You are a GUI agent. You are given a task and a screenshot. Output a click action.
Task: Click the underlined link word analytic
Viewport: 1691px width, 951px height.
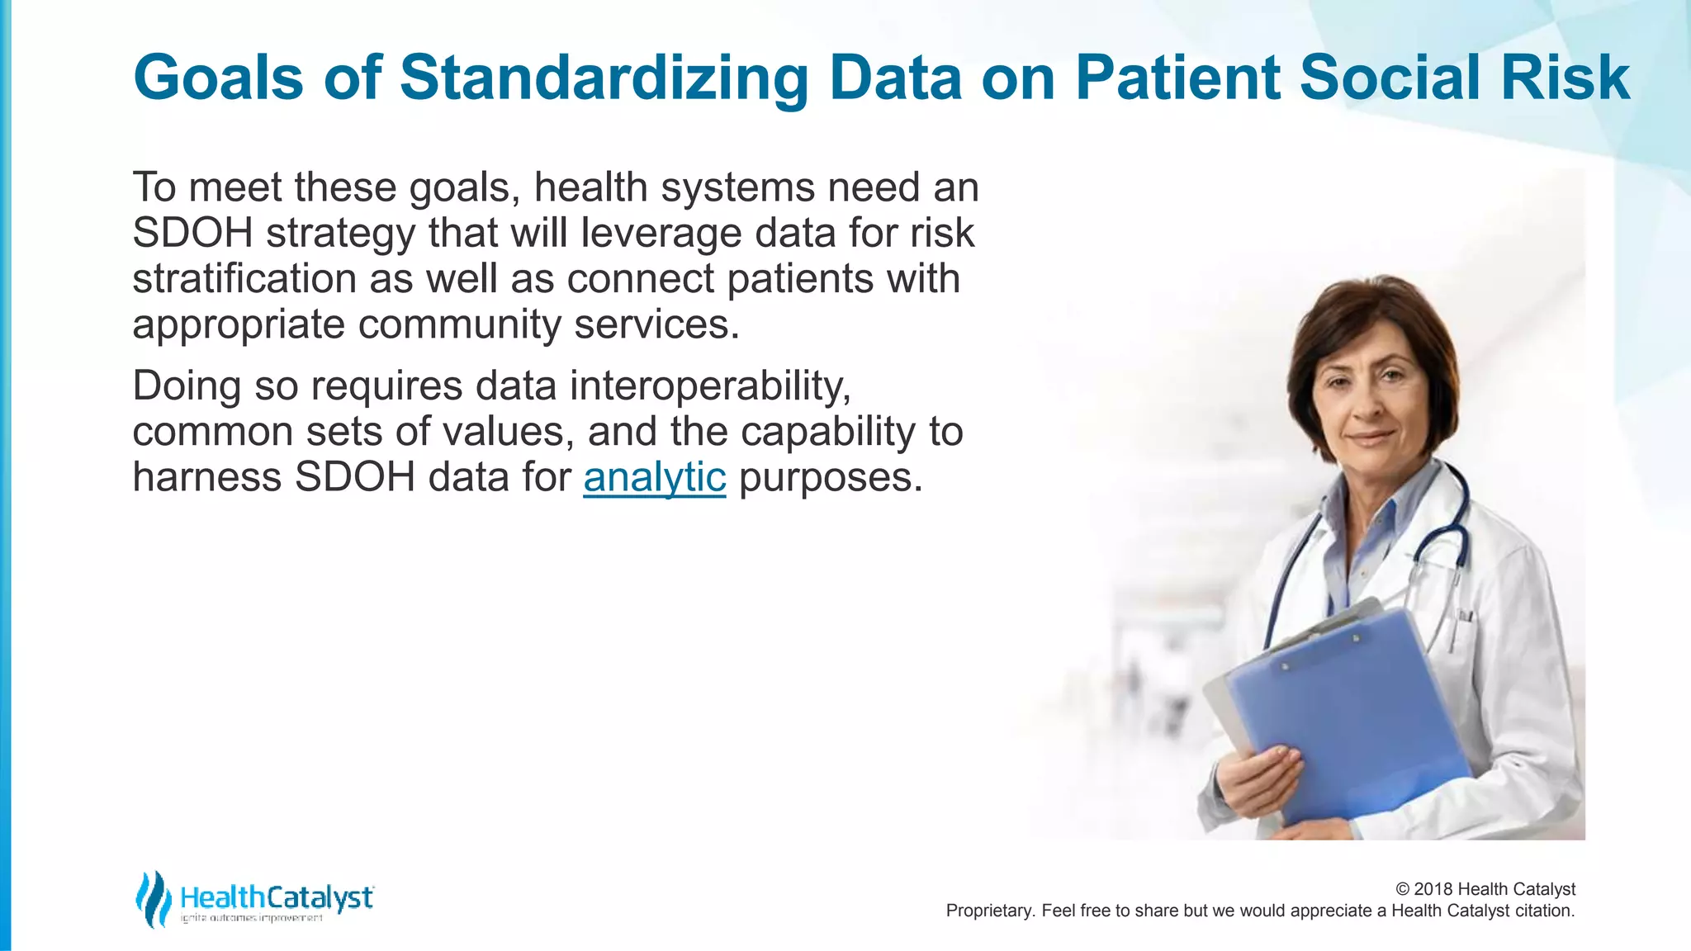pyautogui.click(x=654, y=477)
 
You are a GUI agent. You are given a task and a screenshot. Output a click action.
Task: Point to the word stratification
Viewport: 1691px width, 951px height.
pyautogui.click(x=244, y=279)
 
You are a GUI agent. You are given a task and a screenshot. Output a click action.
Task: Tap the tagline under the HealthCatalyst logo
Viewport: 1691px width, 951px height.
pyautogui.click(x=251, y=919)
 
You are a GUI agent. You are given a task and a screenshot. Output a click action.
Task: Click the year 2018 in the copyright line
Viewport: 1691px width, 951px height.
pyautogui.click(x=1433, y=889)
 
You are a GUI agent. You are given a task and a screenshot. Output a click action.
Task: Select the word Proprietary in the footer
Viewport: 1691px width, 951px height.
pyautogui.click(x=988, y=911)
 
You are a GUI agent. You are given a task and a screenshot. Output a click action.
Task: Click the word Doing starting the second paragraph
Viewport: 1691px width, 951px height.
pyautogui.click(x=187, y=386)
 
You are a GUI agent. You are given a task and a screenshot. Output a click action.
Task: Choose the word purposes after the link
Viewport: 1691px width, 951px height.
pyautogui.click(x=830, y=477)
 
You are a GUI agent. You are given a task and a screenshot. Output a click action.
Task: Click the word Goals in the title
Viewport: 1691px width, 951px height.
pyautogui.click(x=219, y=78)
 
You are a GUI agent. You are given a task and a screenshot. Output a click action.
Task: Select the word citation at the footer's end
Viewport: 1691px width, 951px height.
pyautogui.click(x=1544, y=911)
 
